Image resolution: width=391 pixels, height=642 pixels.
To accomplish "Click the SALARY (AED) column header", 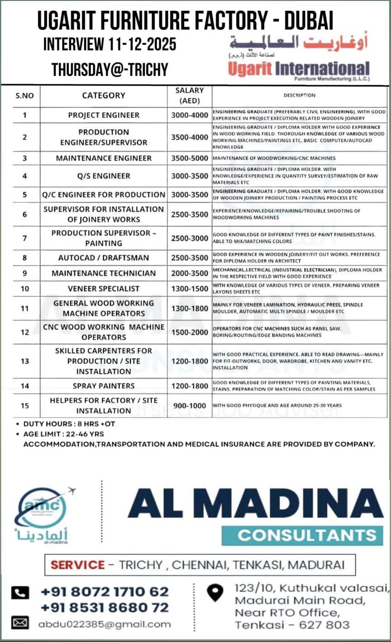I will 190,95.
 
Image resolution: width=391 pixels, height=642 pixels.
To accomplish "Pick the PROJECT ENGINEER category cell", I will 104,115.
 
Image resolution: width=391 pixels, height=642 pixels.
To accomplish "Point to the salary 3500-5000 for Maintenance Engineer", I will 190,158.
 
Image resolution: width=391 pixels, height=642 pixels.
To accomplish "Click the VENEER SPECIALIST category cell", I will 104,288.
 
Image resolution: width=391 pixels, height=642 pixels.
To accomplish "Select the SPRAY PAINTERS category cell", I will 104,386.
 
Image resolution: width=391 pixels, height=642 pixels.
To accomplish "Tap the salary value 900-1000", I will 190,406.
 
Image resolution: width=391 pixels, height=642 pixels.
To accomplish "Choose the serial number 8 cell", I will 25,258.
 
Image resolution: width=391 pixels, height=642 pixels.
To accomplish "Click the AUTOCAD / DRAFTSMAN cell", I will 104,258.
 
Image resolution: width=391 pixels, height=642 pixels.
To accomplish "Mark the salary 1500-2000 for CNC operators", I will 190,332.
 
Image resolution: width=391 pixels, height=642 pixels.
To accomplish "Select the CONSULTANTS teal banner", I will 302,535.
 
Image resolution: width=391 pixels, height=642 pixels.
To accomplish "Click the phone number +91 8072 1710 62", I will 105,591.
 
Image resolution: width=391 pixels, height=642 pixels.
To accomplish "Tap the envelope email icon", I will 20,623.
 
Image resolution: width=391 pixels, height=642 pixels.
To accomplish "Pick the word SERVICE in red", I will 77,565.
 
